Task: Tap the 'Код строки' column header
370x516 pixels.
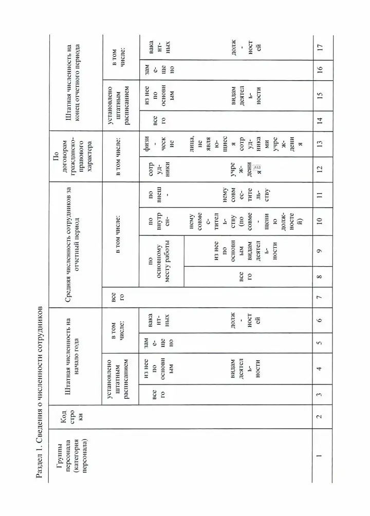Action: [x=67, y=426]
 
